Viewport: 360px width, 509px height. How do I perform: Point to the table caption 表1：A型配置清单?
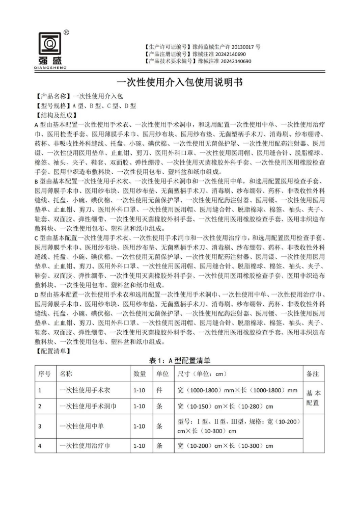point(180,361)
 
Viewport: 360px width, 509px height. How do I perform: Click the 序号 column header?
point(44,373)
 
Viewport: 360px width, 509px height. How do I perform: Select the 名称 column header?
point(66,373)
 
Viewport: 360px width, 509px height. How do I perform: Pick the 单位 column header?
point(162,373)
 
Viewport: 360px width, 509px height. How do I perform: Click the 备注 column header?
point(313,373)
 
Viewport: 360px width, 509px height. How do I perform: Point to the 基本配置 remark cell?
point(313,398)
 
